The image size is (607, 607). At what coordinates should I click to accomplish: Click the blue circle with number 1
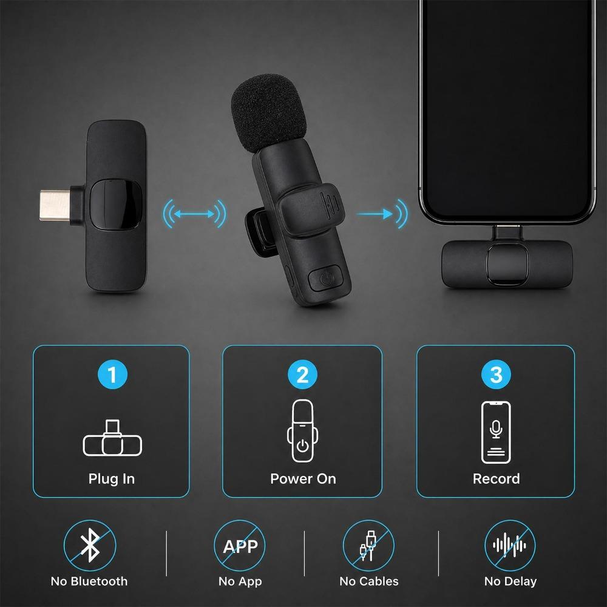click(x=112, y=375)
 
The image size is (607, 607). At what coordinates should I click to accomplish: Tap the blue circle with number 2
click(x=302, y=375)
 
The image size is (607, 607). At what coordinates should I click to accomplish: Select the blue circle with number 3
click(x=496, y=375)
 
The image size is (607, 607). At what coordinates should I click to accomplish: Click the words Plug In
click(x=112, y=479)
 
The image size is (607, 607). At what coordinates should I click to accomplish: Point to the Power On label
click(x=303, y=479)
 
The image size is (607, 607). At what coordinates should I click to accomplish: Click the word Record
click(x=497, y=479)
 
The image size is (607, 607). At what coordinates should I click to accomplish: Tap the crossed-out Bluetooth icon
click(x=90, y=546)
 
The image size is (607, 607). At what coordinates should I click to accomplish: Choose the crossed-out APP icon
click(x=240, y=546)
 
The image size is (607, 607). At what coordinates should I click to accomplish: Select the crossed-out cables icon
click(x=368, y=546)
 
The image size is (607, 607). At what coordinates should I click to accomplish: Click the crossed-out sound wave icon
click(x=510, y=546)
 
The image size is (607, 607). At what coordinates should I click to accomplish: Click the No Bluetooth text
click(x=89, y=581)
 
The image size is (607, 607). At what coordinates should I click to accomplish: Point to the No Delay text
click(x=510, y=582)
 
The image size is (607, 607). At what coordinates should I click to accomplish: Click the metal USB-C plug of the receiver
click(x=55, y=205)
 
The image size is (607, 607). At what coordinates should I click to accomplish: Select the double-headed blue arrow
click(x=194, y=214)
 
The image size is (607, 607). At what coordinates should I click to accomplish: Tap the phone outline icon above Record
click(x=496, y=432)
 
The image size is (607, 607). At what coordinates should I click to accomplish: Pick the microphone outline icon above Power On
click(x=302, y=430)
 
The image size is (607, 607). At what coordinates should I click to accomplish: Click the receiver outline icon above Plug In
click(x=112, y=438)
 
